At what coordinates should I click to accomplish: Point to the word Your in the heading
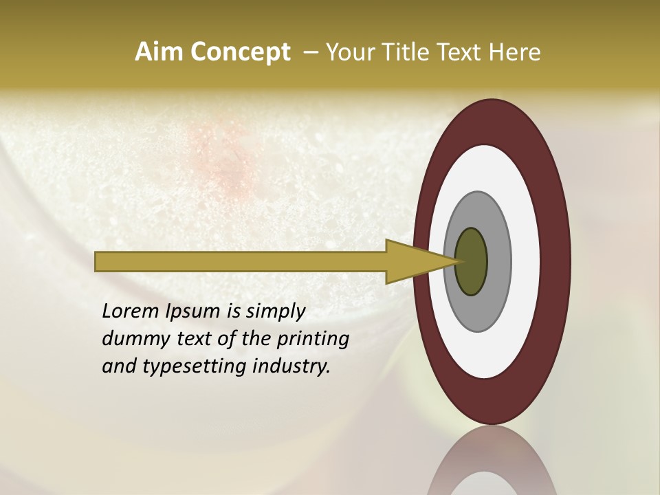pyautogui.click(x=350, y=52)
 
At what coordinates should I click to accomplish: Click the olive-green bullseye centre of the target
pyautogui.click(x=471, y=262)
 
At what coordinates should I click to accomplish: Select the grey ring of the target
pyautogui.click(x=498, y=262)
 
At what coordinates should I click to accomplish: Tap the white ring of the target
pyautogui.click(x=527, y=262)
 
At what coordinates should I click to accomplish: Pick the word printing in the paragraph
pyautogui.click(x=312, y=340)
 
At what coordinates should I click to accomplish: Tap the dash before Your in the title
pyautogui.click(x=310, y=52)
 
